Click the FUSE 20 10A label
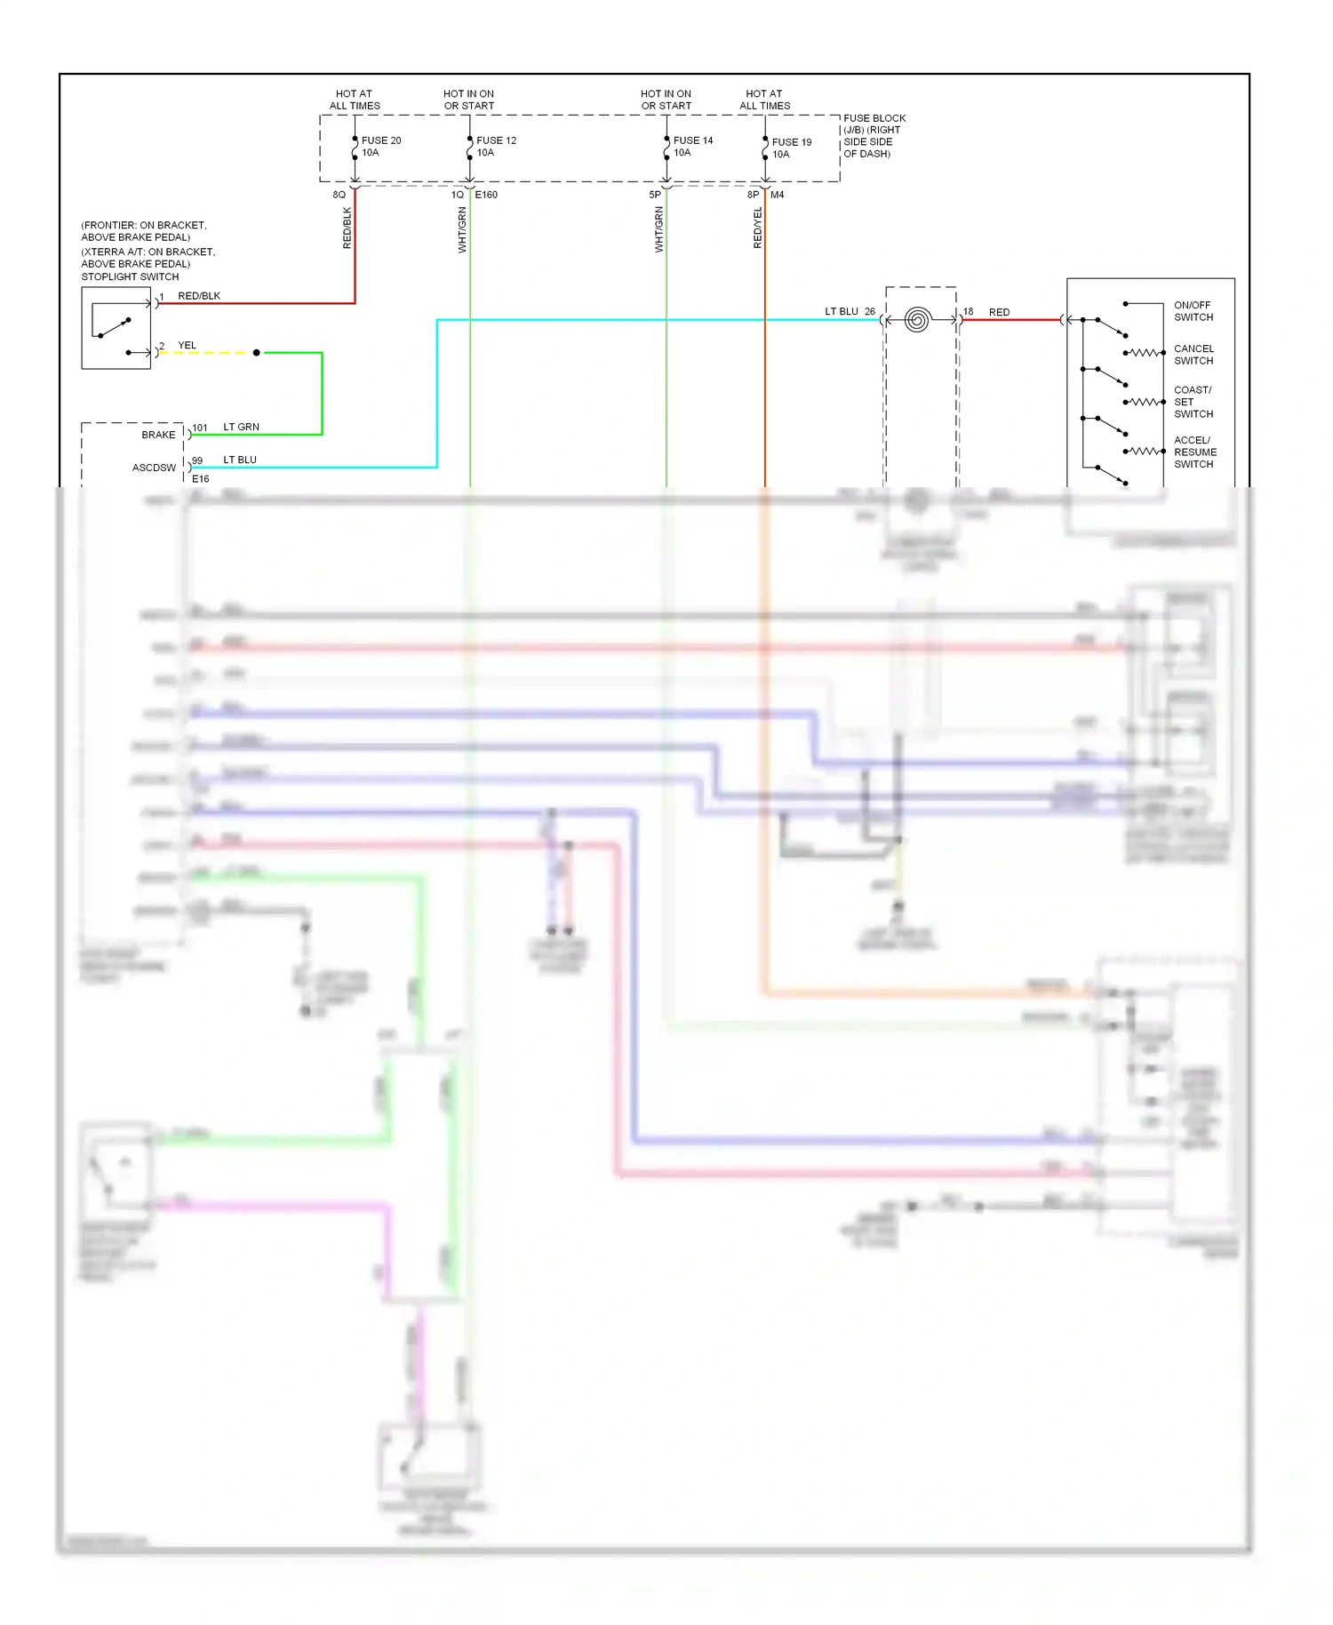tap(380, 147)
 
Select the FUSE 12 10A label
tap(495, 147)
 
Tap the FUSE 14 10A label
tap(692, 147)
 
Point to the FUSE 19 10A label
tap(791, 148)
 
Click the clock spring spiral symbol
tap(917, 320)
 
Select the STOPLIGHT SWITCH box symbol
tap(116, 328)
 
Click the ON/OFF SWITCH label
tap(1193, 311)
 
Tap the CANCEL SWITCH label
tap(1193, 355)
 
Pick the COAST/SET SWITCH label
tap(1193, 402)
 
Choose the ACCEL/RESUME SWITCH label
tap(1194, 452)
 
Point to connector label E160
tap(486, 195)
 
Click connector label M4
tap(777, 195)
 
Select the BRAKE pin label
tap(158, 435)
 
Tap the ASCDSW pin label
tap(154, 468)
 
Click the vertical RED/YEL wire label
tap(757, 228)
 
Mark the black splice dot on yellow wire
tap(257, 353)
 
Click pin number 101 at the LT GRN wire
tap(200, 428)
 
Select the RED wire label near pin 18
tap(999, 312)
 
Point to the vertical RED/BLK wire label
tap(347, 228)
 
